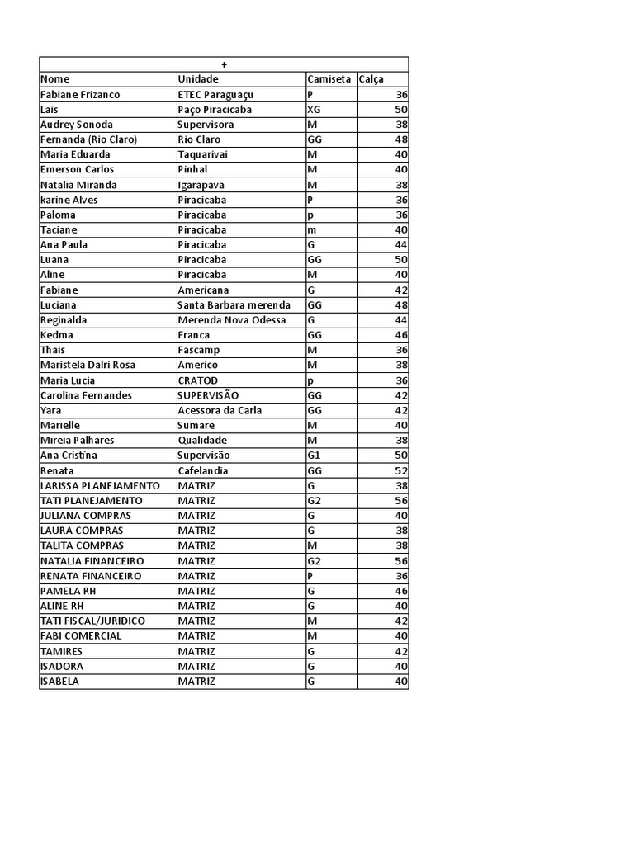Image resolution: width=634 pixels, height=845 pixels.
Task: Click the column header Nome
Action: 55,79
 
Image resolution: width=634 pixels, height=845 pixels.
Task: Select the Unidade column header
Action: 197,79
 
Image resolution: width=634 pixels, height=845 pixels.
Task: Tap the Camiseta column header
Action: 329,79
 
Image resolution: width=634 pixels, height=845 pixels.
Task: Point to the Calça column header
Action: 371,79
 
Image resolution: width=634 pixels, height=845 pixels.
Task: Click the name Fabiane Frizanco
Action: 80,95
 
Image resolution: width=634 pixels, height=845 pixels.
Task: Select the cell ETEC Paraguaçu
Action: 215,95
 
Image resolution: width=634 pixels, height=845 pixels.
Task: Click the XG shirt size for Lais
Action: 314,110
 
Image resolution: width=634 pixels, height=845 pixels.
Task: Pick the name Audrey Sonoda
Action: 77,125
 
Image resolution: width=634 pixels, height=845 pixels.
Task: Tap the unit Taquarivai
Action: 202,154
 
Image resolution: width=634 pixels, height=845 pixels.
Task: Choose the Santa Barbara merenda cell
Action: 234,304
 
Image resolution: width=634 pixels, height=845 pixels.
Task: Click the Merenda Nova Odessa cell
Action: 232,320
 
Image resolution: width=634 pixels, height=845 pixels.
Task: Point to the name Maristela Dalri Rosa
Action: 88,365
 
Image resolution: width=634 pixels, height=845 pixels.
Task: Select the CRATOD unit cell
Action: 199,380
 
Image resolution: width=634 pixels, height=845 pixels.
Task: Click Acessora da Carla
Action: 220,410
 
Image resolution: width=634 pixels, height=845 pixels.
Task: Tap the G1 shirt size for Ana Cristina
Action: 314,456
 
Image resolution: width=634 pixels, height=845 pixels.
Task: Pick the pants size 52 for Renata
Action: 401,470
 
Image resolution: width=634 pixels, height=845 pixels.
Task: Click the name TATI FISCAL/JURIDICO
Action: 92,621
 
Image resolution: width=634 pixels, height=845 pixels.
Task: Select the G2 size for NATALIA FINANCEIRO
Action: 314,560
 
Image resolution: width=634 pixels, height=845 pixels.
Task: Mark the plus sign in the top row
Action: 224,64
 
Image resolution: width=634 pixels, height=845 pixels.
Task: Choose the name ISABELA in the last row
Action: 61,682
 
